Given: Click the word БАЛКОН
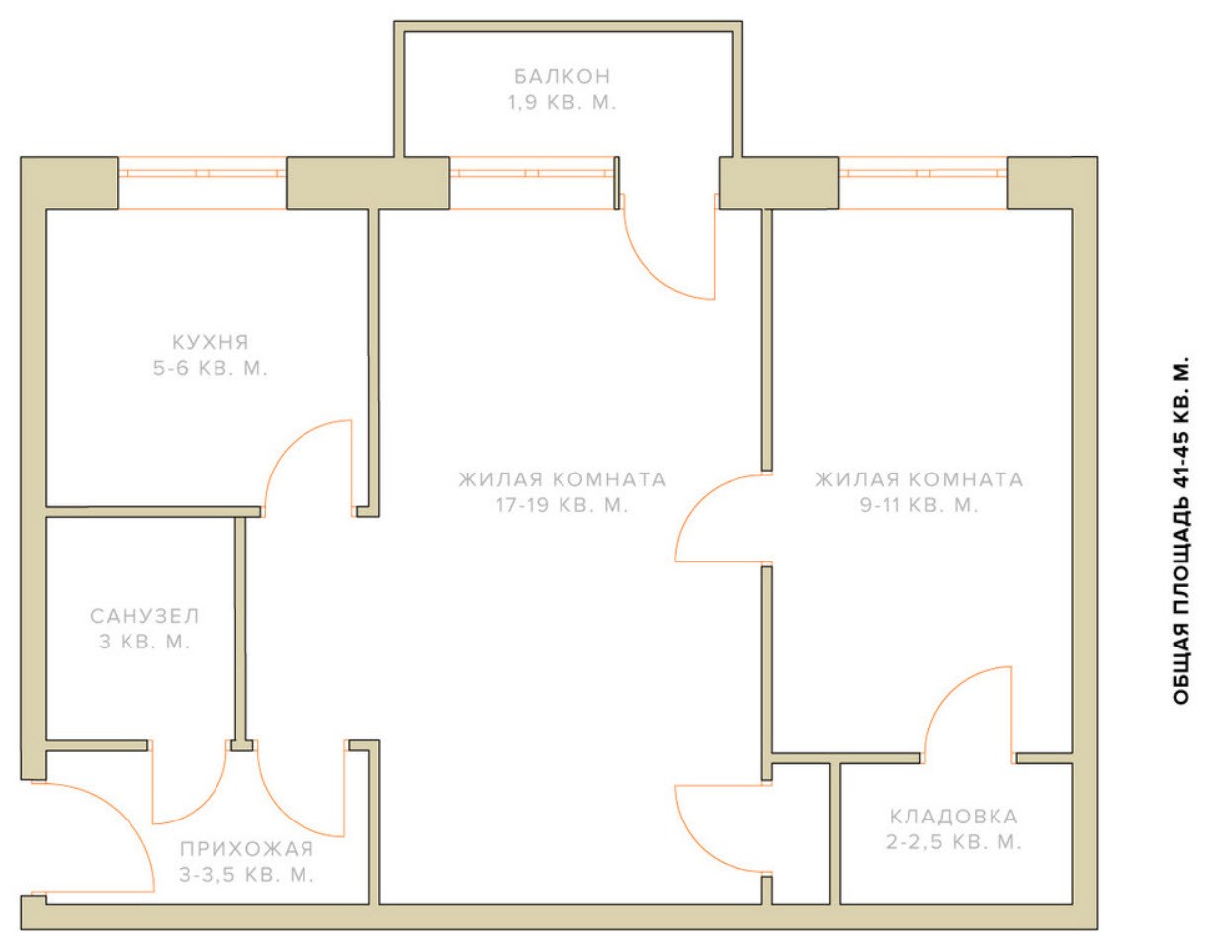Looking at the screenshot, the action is [562, 76].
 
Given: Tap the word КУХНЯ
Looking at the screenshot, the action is [211, 342].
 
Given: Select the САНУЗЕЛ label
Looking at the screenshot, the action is [145, 616].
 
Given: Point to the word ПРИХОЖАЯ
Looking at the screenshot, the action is [247, 849].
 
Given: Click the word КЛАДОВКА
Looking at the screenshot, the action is [954, 817].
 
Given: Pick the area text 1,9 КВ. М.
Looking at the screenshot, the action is [562, 103].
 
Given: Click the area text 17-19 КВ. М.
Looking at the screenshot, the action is [562, 505].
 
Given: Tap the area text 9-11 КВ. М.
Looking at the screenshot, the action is [919, 505].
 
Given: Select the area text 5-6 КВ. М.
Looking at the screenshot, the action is [211, 369].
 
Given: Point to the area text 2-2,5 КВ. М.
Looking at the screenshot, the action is [954, 842].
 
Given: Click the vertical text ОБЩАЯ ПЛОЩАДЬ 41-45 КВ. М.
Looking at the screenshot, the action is [1181, 530].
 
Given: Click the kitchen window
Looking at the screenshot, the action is [202, 183].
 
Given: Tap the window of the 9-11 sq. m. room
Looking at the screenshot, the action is [923, 183].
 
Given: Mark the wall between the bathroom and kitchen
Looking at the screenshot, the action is [153, 511].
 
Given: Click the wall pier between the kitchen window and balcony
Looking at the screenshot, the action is [368, 183].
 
